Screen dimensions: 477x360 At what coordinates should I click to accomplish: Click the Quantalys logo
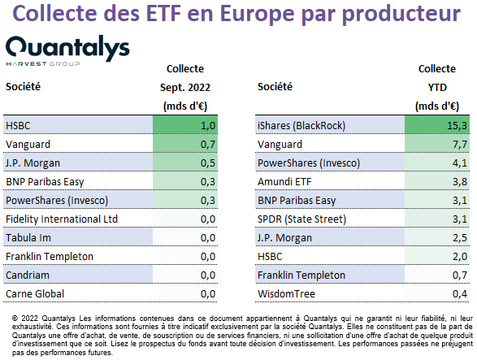point(67,51)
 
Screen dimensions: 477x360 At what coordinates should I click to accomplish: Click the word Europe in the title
point(257,14)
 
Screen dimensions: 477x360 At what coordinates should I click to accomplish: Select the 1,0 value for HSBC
point(208,125)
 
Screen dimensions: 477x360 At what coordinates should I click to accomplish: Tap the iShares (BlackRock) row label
point(301,126)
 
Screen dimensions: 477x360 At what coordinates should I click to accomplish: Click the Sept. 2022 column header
point(185,87)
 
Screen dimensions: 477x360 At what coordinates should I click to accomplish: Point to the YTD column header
point(437,87)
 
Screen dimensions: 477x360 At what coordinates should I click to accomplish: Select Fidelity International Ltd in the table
point(62,219)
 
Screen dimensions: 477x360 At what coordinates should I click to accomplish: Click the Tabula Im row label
point(28,237)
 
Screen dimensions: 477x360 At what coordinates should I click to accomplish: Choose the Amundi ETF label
point(284,182)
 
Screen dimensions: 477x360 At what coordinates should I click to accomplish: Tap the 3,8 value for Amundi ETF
point(460,182)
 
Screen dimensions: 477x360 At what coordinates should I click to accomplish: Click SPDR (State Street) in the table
point(301,219)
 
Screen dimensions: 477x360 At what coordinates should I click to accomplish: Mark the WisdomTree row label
point(286,293)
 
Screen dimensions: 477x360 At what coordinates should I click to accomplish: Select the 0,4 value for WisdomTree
point(460,293)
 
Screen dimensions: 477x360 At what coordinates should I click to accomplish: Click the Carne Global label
point(35,293)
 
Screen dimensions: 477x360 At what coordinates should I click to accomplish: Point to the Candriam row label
point(28,275)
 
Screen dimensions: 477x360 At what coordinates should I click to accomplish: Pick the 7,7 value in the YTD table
point(460,144)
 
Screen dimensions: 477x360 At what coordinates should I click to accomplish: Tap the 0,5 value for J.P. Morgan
point(208,163)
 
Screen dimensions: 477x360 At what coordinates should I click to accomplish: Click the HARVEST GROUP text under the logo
point(43,63)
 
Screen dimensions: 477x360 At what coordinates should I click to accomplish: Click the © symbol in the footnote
point(15,319)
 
